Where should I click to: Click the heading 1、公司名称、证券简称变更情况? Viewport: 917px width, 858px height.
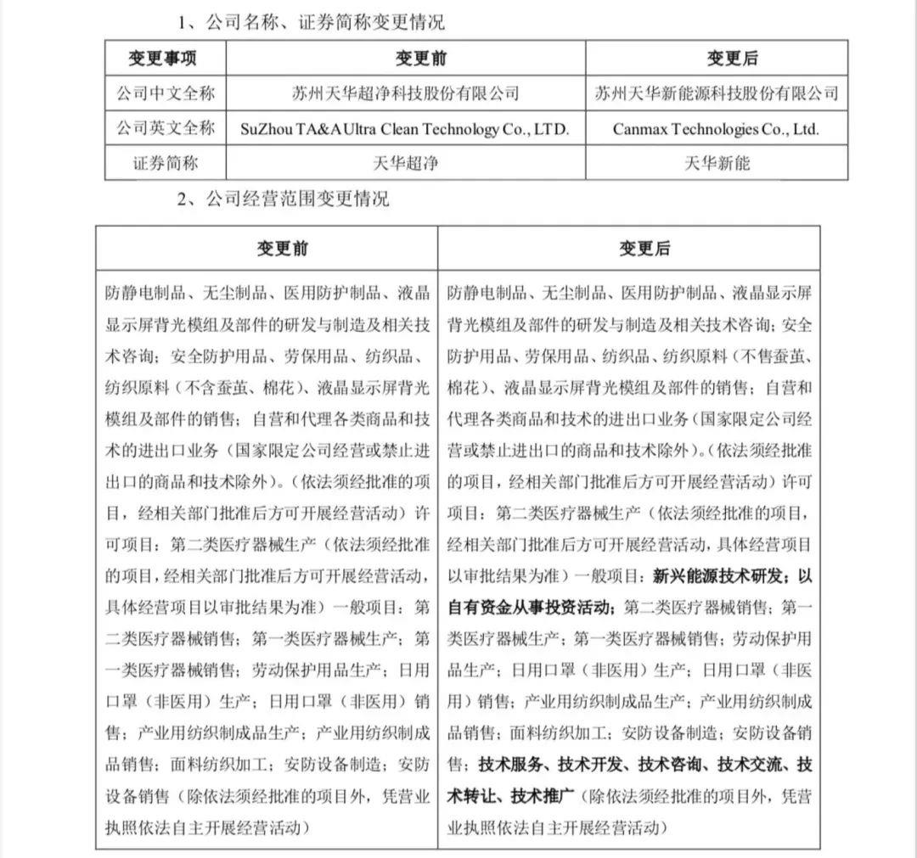(311, 23)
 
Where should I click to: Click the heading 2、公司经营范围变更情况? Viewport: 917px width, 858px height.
(284, 200)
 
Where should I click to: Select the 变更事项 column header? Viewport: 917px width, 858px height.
(164, 58)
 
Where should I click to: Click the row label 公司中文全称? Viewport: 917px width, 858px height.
(164, 93)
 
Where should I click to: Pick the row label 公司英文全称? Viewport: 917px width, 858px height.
(164, 128)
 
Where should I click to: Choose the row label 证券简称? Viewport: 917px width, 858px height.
(164, 163)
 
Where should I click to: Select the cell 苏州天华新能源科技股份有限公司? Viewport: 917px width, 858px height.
(717, 93)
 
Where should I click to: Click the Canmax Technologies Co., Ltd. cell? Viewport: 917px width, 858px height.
(716, 129)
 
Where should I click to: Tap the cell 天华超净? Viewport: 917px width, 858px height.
(405, 163)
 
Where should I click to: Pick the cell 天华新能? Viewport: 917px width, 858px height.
(717, 163)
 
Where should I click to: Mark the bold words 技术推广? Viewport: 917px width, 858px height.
(543, 796)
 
